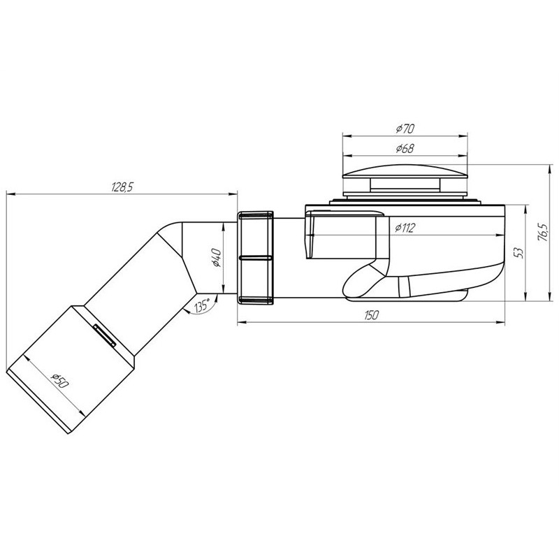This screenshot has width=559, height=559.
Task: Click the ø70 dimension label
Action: [405, 129]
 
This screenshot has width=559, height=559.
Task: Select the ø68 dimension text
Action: [405, 148]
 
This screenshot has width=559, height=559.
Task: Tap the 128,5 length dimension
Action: [122, 187]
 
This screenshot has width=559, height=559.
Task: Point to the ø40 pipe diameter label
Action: [217, 257]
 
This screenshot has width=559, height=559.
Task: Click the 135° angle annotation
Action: [201, 306]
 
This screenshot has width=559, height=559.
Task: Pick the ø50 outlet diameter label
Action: [59, 381]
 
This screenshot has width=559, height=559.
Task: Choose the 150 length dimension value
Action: [372, 315]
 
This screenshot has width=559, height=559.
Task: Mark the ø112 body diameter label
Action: [405, 228]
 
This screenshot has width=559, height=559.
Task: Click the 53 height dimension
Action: [519, 252]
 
